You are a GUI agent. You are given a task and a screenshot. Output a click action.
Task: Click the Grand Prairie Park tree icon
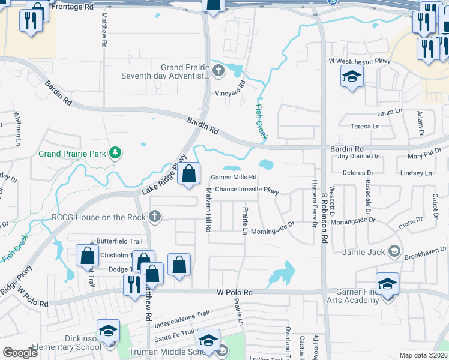tap(115, 154)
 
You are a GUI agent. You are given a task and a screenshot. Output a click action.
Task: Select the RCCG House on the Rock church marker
tap(155, 217)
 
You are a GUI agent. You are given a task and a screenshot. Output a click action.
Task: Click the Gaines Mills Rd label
tap(234, 178)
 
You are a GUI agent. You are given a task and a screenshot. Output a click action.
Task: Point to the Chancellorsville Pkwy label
tap(247, 191)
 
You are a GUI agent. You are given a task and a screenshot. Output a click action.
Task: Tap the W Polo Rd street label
tap(235, 292)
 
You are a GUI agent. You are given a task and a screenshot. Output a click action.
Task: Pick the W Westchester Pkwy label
tap(359, 61)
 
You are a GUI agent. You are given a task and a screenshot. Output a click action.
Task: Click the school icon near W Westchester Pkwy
tap(352, 77)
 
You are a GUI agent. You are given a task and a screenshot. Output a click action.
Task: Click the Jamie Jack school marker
tap(394, 251)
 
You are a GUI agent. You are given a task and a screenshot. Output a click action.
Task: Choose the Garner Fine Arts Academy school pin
tap(387, 284)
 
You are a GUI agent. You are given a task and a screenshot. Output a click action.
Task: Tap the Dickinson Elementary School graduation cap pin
tap(109, 331)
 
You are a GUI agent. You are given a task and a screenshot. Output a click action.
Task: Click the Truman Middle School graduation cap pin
tap(208, 341)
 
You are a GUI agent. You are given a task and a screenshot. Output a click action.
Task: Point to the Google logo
tap(20, 353)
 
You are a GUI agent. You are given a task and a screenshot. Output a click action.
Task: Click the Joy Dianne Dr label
tap(360, 157)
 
